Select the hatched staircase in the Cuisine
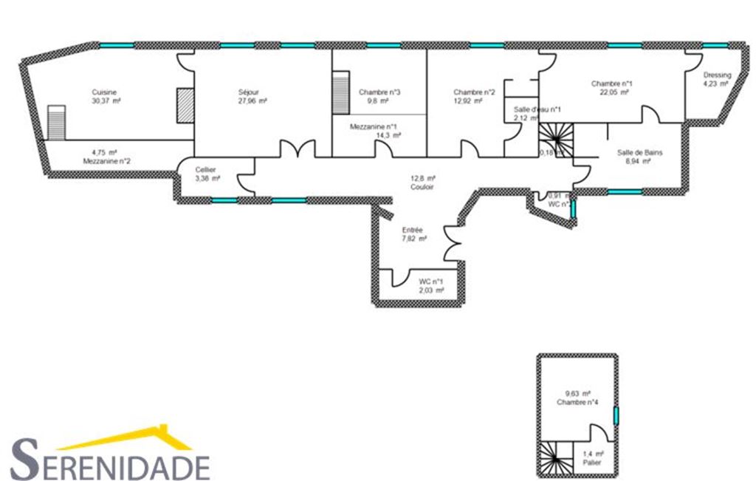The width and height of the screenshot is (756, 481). [x=57, y=122]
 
